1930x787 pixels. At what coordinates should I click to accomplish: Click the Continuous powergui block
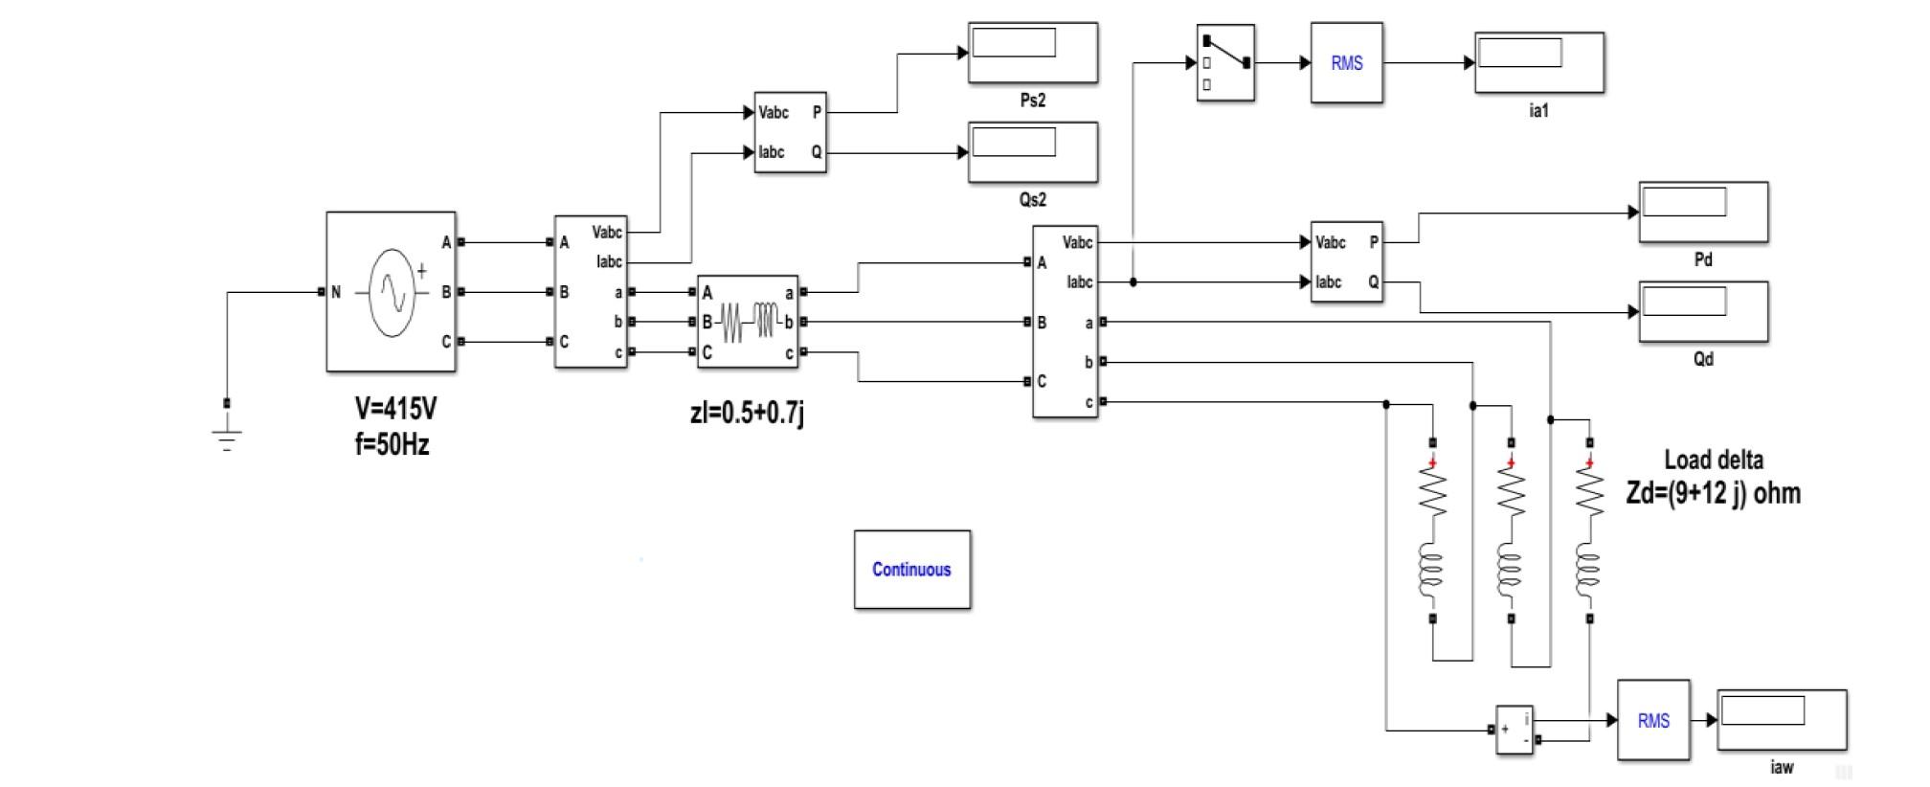[x=911, y=570]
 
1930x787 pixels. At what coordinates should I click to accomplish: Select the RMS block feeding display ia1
[x=1346, y=63]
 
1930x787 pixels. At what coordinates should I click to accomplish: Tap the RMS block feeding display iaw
[x=1652, y=721]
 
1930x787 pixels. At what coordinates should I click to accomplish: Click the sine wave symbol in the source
[x=393, y=292]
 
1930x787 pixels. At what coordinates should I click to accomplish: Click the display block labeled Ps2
[x=1032, y=54]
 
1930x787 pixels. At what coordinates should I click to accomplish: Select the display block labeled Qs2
[x=1032, y=152]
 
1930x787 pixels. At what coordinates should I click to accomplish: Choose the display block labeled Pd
[x=1702, y=213]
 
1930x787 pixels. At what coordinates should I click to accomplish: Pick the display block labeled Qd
[x=1702, y=312]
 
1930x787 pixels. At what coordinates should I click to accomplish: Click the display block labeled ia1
[x=1538, y=63]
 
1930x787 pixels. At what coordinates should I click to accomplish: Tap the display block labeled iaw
[x=1781, y=720]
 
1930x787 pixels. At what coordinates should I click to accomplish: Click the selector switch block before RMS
[x=1224, y=63]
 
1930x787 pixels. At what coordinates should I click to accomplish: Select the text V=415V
[x=395, y=409]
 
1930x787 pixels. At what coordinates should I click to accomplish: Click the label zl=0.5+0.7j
[x=747, y=414]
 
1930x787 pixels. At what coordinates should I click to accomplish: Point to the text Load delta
[x=1713, y=460]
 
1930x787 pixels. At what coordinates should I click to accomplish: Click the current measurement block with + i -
[x=1514, y=730]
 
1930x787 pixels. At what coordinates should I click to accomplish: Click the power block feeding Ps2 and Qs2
[x=790, y=132]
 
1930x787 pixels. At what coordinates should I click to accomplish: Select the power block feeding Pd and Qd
[x=1346, y=262]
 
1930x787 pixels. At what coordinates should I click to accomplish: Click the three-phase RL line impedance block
[x=748, y=322]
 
